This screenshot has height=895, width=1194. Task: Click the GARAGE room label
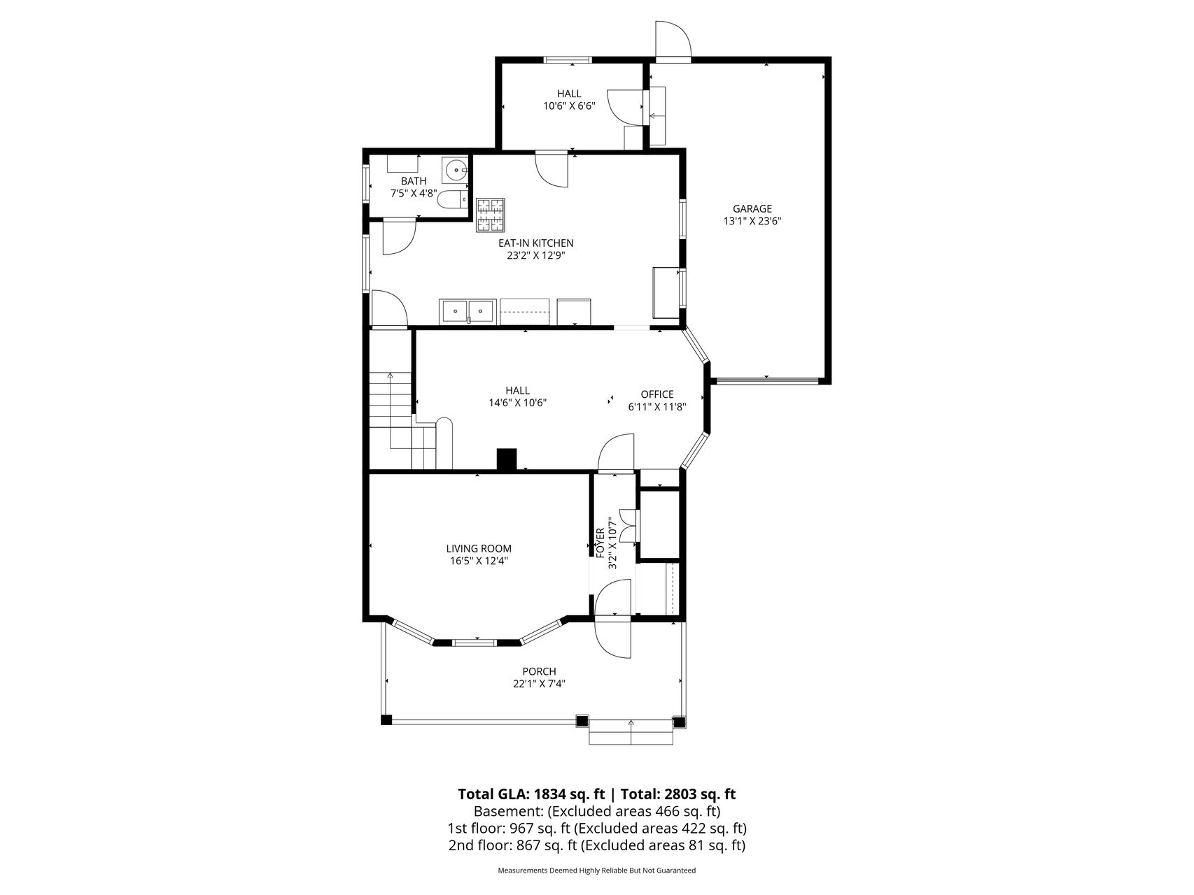coord(752,208)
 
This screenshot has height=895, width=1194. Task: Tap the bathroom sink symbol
coord(455,169)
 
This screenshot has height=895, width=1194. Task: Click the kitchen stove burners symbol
coord(491,215)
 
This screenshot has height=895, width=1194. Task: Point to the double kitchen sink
coord(467,310)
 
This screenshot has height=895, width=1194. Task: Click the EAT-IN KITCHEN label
coord(535,243)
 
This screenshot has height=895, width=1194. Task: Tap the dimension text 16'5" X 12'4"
coord(479,561)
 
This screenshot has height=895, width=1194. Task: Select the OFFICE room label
coord(657,394)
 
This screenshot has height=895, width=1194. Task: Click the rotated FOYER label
coord(600,543)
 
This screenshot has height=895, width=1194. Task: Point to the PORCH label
coord(539,672)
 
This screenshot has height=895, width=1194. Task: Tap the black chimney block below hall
coord(506,459)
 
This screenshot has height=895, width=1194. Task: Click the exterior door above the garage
coord(673,40)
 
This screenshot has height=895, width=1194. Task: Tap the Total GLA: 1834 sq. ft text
coord(531,794)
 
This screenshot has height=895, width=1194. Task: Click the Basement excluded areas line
coord(596,812)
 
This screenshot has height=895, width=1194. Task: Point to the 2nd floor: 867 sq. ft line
coord(596,845)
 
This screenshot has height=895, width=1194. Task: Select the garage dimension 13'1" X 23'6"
coord(752,221)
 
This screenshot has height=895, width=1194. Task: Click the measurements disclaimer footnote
coord(596,871)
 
